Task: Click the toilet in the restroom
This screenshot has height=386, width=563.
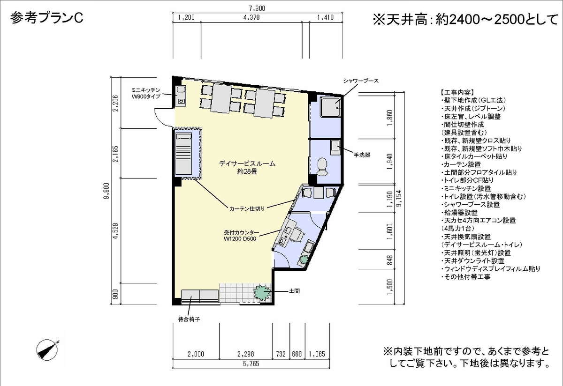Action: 322,167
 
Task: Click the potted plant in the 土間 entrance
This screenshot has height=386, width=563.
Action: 262,293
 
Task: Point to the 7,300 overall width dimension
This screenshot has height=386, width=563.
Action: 257,8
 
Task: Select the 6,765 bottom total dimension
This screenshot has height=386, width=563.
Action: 251,364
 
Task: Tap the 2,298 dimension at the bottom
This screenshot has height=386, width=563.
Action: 246,354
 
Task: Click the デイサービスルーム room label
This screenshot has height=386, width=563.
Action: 247,163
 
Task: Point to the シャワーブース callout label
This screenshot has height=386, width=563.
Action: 361,81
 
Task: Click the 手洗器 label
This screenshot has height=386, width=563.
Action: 362,155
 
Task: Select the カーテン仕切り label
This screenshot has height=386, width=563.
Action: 247,208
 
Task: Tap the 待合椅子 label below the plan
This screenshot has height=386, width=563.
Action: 189,319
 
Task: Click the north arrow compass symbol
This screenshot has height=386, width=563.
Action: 47,349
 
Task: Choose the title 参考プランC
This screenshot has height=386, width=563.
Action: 47,18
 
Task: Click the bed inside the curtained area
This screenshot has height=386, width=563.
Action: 183,154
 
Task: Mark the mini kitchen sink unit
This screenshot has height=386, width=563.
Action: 181,96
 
